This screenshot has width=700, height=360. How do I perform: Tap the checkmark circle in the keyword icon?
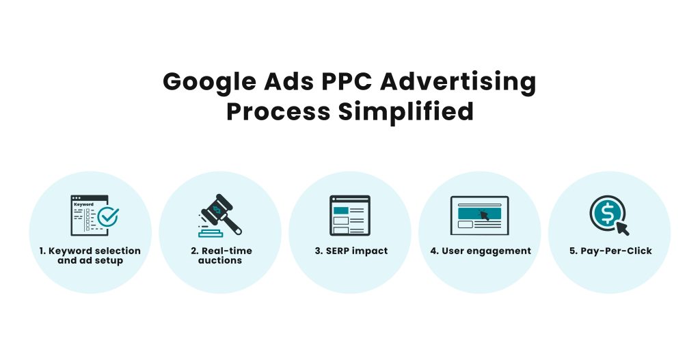pos(107,217)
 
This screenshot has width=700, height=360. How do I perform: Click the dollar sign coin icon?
pos(605,211)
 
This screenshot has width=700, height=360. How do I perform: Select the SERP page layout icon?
pos(349,215)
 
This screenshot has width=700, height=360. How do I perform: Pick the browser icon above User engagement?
pos(479,215)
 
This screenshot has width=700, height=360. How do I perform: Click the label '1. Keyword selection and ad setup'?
pos(90,255)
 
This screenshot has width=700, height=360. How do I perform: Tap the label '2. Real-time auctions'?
pos(220,255)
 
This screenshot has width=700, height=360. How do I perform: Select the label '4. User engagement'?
pos(480,251)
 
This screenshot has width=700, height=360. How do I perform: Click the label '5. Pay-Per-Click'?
pos(610,251)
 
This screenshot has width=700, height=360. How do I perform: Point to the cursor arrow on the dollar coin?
pos(622,227)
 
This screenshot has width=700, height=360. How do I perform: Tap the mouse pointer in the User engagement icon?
pos(485,215)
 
